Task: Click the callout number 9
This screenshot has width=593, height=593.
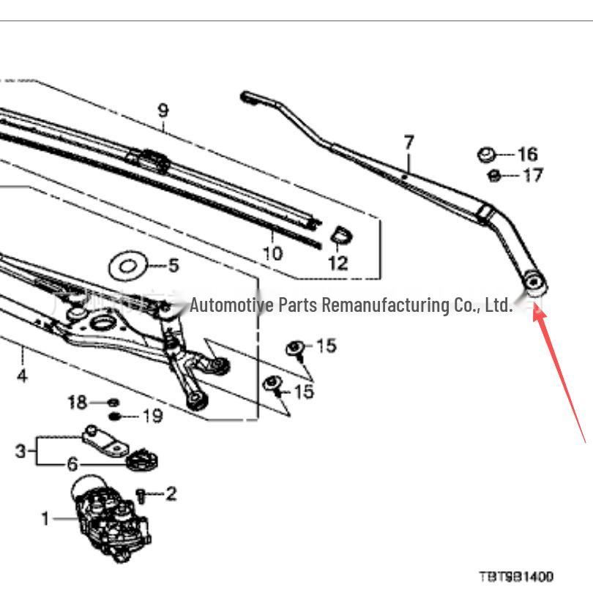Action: (163, 111)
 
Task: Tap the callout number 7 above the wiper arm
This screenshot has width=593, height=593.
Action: (409, 143)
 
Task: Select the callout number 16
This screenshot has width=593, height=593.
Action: (527, 154)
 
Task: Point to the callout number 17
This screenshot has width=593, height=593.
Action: (533, 176)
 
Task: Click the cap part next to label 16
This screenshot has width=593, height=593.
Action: (485, 154)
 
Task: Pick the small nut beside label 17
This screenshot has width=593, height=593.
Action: (493, 176)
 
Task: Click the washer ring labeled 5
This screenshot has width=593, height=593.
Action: (128, 266)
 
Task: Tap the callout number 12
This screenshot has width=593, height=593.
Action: (337, 262)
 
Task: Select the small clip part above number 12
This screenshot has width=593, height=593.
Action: (339, 236)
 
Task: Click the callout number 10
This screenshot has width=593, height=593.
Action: (272, 253)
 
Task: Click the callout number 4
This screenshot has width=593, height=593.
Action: (22, 376)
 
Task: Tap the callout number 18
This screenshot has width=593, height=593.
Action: (77, 402)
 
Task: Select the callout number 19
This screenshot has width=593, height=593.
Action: (152, 417)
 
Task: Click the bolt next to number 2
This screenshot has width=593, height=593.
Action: (143, 496)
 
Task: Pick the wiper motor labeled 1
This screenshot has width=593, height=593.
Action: (110, 516)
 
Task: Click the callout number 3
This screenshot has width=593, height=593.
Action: (20, 450)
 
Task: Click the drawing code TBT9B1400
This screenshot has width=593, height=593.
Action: (516, 577)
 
